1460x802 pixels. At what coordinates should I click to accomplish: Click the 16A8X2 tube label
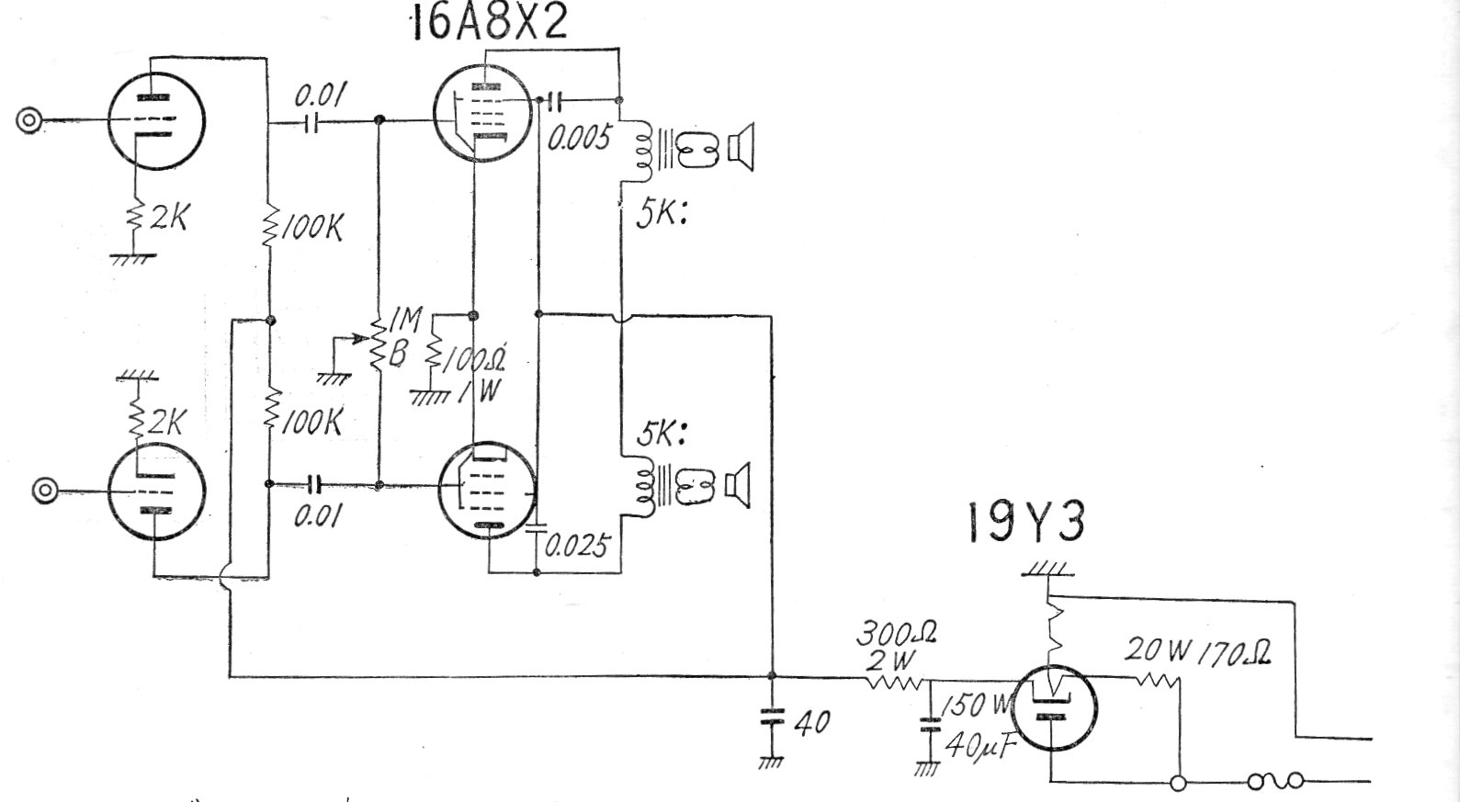489,23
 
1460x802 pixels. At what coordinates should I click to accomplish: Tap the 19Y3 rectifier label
1025,523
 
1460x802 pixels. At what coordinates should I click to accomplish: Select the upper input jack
29,120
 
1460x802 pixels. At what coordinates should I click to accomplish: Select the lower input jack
44,491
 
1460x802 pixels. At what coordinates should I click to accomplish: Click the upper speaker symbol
741,147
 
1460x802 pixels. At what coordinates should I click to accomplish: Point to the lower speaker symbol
739,486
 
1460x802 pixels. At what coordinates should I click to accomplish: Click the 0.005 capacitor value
579,138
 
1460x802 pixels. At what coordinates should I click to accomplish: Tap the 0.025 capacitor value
576,547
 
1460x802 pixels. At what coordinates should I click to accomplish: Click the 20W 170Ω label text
1198,651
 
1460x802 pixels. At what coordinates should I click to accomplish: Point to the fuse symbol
1275,782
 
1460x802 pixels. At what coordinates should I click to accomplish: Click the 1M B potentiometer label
402,336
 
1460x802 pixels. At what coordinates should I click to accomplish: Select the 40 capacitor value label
811,722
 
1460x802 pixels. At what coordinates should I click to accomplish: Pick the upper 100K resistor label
311,227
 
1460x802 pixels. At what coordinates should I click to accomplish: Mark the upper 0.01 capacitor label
320,96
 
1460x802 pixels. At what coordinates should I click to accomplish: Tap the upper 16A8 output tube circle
481,111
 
